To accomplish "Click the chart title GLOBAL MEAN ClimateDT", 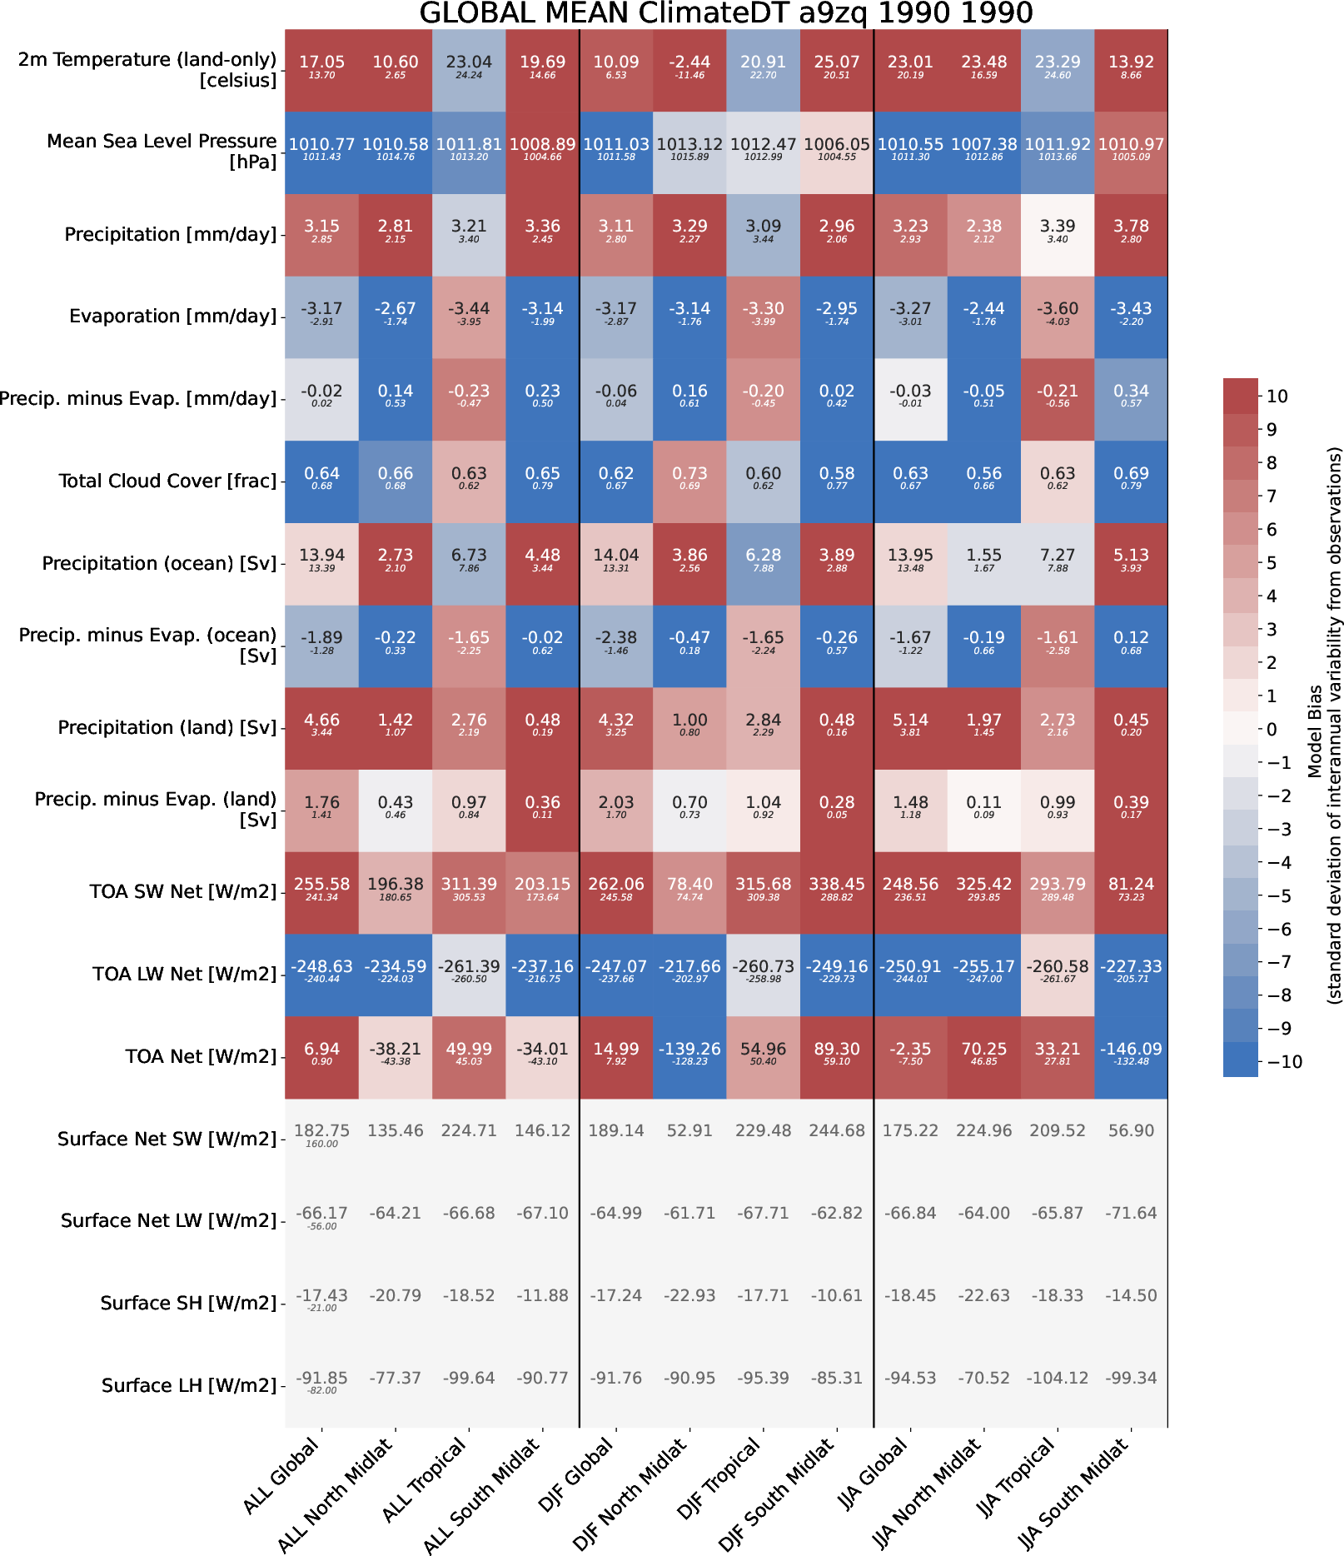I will tap(725, 13).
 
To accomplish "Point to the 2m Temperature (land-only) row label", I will tap(147, 70).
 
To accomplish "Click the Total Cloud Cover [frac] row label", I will tap(167, 481).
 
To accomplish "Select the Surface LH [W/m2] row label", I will tap(189, 1385).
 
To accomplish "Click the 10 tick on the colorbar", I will tap(1277, 396).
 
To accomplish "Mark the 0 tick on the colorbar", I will tap(1271, 730).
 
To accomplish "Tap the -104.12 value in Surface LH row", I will tap(1057, 1378).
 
